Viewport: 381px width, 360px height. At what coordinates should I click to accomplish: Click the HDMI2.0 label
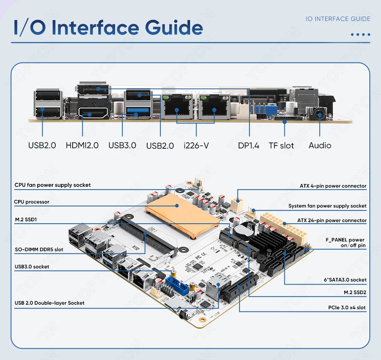[82, 145]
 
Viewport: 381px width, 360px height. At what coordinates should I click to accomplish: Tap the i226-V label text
[197, 146]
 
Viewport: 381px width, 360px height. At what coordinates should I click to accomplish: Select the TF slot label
[282, 145]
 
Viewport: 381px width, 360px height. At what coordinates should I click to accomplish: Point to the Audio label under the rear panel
[320, 145]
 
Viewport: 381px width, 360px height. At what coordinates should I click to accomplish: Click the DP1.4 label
[249, 145]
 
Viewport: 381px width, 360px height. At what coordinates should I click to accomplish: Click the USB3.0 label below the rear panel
[122, 145]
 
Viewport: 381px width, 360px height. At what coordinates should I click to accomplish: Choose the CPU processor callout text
[32, 202]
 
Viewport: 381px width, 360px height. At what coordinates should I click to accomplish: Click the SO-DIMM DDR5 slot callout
[39, 249]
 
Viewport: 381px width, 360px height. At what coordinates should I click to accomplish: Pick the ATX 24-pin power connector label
[332, 220]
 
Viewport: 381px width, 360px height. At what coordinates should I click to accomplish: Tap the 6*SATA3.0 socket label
[345, 279]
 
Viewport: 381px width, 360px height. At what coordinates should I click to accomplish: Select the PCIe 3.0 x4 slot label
[347, 307]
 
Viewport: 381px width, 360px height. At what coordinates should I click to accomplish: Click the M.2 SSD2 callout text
[355, 292]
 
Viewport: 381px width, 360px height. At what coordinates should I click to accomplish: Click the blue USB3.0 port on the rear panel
[138, 111]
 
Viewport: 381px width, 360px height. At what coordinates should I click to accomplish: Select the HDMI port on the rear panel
[93, 113]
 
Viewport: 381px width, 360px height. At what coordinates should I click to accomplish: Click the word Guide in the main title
[174, 27]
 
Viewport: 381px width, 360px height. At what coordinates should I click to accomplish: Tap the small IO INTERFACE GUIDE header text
[338, 19]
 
